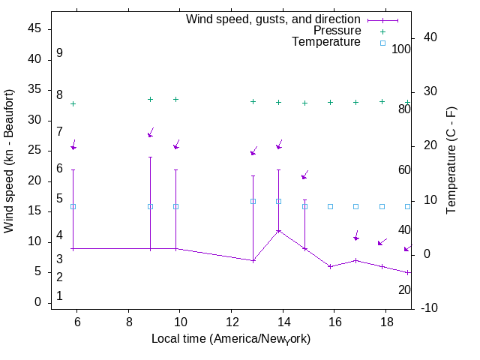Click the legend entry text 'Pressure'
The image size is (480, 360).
[x=337, y=31]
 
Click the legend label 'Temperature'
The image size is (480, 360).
[x=326, y=42]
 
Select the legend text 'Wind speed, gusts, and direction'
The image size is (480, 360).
[x=274, y=19]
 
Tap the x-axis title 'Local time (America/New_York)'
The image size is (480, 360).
[x=231, y=339]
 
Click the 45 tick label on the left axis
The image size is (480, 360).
[x=34, y=29]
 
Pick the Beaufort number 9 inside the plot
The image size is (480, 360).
[x=59, y=53]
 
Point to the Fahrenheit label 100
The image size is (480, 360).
[x=401, y=49]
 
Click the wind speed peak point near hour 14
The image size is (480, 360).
[x=278, y=230]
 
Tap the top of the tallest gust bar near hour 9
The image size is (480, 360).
[x=150, y=157]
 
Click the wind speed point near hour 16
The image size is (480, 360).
[x=330, y=266]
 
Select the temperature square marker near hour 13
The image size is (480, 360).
[x=253, y=201]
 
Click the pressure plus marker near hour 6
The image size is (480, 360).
[x=73, y=103]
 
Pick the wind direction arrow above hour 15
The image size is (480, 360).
[x=304, y=175]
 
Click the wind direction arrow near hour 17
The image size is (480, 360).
[x=356, y=235]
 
